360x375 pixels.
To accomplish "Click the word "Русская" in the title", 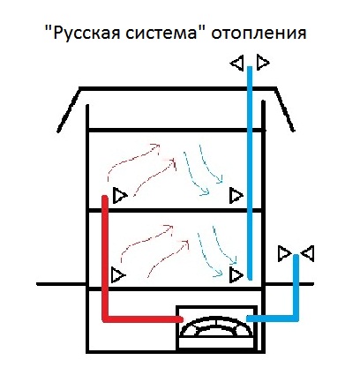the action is (x=86, y=33).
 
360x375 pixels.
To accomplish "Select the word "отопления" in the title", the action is (x=259, y=33).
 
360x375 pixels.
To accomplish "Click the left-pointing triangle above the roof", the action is (x=237, y=63).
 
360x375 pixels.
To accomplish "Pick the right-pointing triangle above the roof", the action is (x=263, y=62).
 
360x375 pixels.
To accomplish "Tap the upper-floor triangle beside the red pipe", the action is (x=120, y=195).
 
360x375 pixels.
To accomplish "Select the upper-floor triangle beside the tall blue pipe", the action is (x=236, y=195).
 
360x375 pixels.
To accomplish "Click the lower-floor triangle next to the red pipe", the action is (x=118, y=275).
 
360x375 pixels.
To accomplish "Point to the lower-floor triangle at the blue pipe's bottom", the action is (x=236, y=275).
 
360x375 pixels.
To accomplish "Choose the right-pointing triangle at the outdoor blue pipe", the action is (x=284, y=253).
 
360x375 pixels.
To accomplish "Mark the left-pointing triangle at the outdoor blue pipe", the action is (x=307, y=253).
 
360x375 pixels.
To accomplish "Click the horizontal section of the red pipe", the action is (x=143, y=319).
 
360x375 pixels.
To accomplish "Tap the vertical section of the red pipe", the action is (x=105, y=258).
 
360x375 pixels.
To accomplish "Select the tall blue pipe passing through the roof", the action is (x=250, y=173).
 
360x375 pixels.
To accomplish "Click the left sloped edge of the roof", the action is (x=69, y=109).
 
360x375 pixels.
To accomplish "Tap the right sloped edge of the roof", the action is (x=284, y=109).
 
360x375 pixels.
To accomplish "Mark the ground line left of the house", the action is (x=61, y=284).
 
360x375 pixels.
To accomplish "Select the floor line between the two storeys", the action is (x=176, y=210).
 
